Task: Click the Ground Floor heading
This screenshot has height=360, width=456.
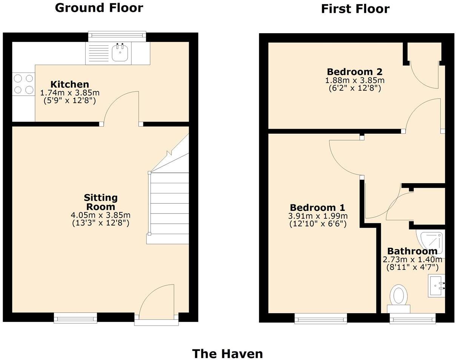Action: (99, 8)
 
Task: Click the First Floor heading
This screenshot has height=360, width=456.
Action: (355, 9)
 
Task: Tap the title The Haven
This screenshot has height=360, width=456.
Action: (227, 354)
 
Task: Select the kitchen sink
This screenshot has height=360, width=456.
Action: (120, 53)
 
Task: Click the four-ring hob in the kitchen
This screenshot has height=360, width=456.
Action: (23, 84)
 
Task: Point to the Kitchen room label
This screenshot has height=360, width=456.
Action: (70, 84)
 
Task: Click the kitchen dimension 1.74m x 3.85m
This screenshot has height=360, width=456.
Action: (70, 93)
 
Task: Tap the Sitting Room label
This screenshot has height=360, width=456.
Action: (101, 202)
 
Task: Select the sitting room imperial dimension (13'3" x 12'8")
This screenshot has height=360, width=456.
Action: (101, 223)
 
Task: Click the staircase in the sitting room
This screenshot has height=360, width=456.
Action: (169, 204)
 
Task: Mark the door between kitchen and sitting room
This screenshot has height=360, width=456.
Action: (121, 110)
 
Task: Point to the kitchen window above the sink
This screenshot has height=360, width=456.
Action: (117, 36)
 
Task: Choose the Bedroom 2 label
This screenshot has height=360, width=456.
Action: (354, 72)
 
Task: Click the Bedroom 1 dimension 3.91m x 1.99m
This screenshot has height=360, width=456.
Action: (317, 216)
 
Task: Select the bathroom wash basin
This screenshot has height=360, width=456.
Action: (437, 286)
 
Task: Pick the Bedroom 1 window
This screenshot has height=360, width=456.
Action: (320, 320)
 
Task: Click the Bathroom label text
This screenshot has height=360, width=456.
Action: (412, 251)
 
